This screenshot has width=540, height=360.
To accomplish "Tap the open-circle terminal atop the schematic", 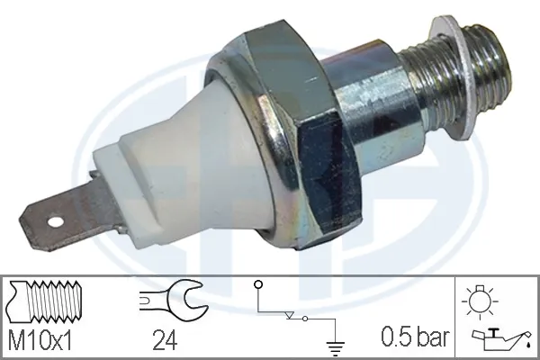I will click(258, 286).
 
